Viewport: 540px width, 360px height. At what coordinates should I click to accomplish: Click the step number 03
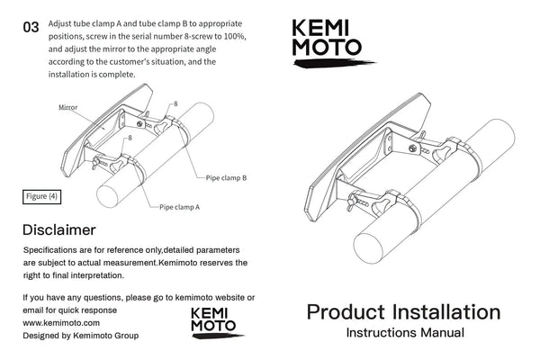click(31, 27)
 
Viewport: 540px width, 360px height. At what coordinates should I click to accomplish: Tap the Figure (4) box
click(40, 195)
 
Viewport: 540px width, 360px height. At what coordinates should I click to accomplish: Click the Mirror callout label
click(67, 106)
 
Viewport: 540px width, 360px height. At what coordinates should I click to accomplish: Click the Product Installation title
click(403, 312)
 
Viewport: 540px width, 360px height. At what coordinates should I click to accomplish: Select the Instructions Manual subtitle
click(405, 333)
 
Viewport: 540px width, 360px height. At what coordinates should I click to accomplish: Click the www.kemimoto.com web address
click(60, 321)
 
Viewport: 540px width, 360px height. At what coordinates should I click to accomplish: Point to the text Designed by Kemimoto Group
click(80, 334)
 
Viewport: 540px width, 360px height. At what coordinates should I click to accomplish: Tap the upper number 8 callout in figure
click(175, 104)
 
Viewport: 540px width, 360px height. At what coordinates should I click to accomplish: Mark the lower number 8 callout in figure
click(130, 138)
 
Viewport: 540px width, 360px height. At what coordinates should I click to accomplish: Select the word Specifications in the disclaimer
click(53, 248)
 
